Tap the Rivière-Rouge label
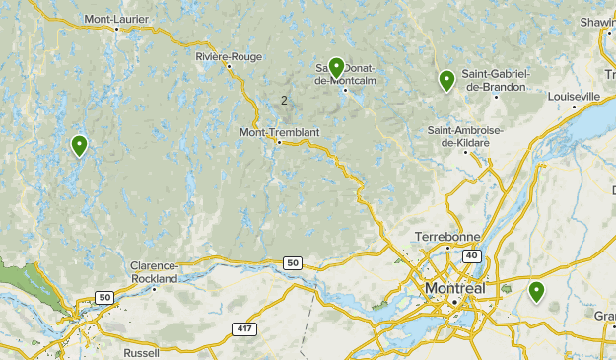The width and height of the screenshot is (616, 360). pos(229,56)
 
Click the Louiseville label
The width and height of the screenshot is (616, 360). pos(574,96)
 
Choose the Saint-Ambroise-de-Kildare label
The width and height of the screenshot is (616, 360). pos(466,137)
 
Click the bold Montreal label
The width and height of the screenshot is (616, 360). pos(454,288)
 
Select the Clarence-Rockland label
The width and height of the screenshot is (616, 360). pos(155,272)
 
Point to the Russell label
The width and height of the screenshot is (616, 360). pos(142,352)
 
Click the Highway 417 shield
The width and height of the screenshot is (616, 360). pos(244,327)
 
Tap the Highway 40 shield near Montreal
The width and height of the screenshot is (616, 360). pos(471,255)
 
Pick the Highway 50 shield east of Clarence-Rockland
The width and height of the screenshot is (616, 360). pos(292,263)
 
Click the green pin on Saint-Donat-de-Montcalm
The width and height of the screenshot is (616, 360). pos(336,68)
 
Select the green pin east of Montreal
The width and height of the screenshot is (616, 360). pos(536,291)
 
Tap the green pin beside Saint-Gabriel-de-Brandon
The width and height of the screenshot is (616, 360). pos(446,81)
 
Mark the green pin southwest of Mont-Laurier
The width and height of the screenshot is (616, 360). pos(79,146)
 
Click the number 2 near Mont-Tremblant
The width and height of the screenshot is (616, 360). pos(284,100)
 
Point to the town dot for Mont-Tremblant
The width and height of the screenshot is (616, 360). pos(279,143)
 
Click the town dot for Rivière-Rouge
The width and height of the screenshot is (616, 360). pos(229,67)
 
